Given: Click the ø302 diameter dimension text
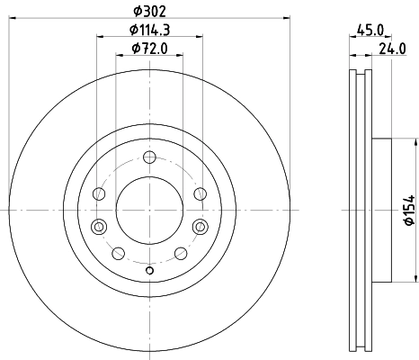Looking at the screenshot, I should coord(148,10).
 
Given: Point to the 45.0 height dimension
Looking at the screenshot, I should coord(369,30).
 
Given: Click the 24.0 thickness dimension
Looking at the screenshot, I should coord(391,51).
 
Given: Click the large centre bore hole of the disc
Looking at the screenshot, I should coord(149,209).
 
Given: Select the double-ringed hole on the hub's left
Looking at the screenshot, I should coord(99,225).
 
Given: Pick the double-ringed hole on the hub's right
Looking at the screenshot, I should coord(199,225).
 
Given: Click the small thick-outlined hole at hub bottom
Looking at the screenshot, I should coord(149,271).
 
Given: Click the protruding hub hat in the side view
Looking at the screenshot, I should coord(381,209).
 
